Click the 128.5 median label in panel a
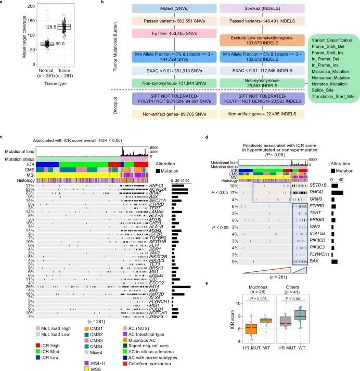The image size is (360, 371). pyautogui.click(x=50, y=25)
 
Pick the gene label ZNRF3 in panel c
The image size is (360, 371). pyautogui.click(x=145, y=316)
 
